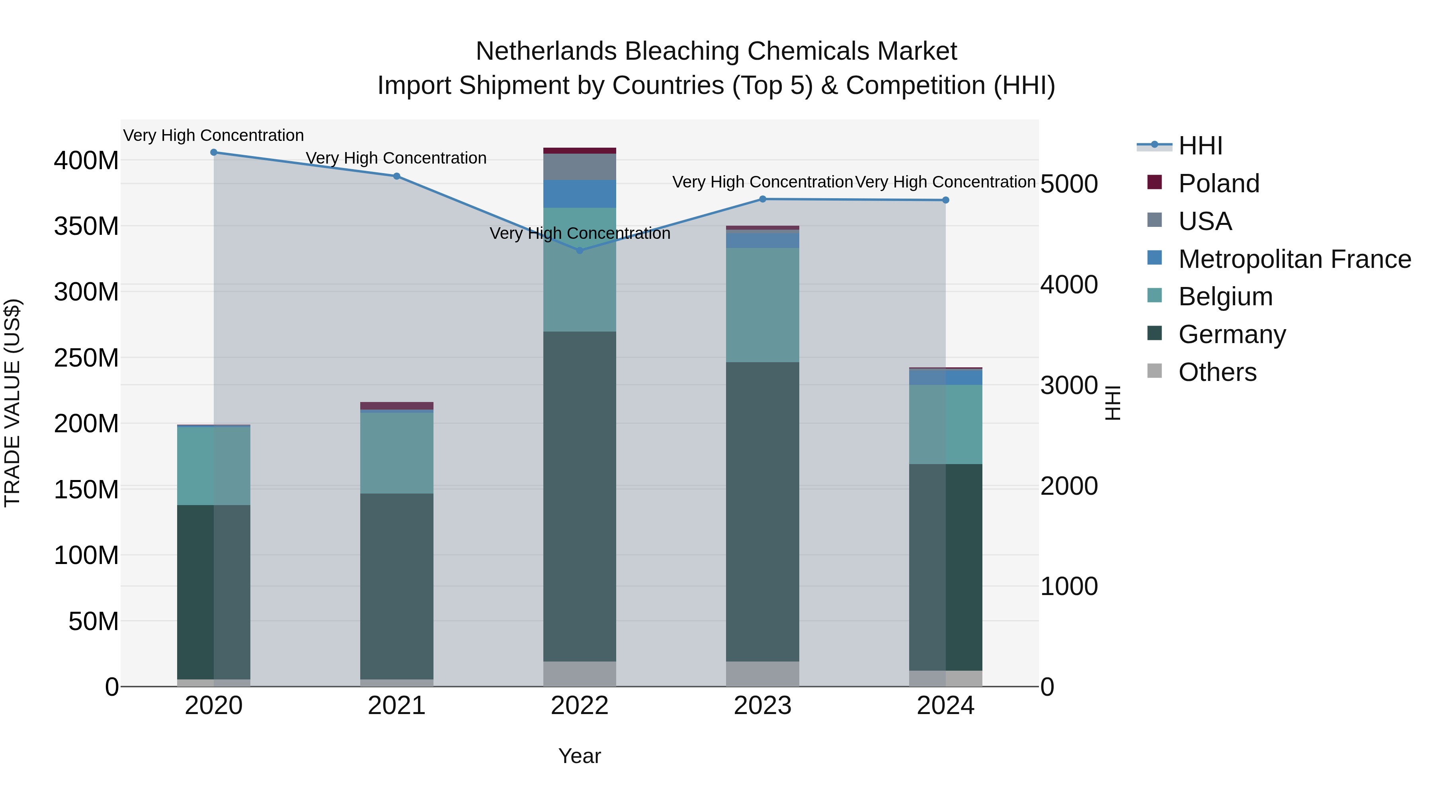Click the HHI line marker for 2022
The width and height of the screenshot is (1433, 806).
(580, 250)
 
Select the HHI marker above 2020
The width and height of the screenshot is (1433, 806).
(214, 152)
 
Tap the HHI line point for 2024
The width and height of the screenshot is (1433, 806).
(946, 200)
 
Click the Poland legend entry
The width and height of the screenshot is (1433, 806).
(1218, 183)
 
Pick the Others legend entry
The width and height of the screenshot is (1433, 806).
(1217, 372)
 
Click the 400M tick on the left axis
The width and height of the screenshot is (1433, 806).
(86, 161)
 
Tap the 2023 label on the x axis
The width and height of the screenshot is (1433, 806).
(762, 706)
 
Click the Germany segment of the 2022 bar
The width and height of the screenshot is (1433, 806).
(580, 495)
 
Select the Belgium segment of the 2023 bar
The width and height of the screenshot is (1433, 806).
(762, 305)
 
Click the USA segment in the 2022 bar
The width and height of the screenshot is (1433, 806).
(580, 166)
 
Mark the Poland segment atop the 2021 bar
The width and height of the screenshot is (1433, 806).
(396, 406)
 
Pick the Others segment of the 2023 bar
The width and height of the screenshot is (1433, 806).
(762, 673)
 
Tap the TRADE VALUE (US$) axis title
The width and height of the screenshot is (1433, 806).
(12, 403)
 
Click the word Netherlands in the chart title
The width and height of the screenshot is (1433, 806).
(546, 51)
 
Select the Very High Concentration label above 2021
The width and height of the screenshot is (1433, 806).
(396, 158)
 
